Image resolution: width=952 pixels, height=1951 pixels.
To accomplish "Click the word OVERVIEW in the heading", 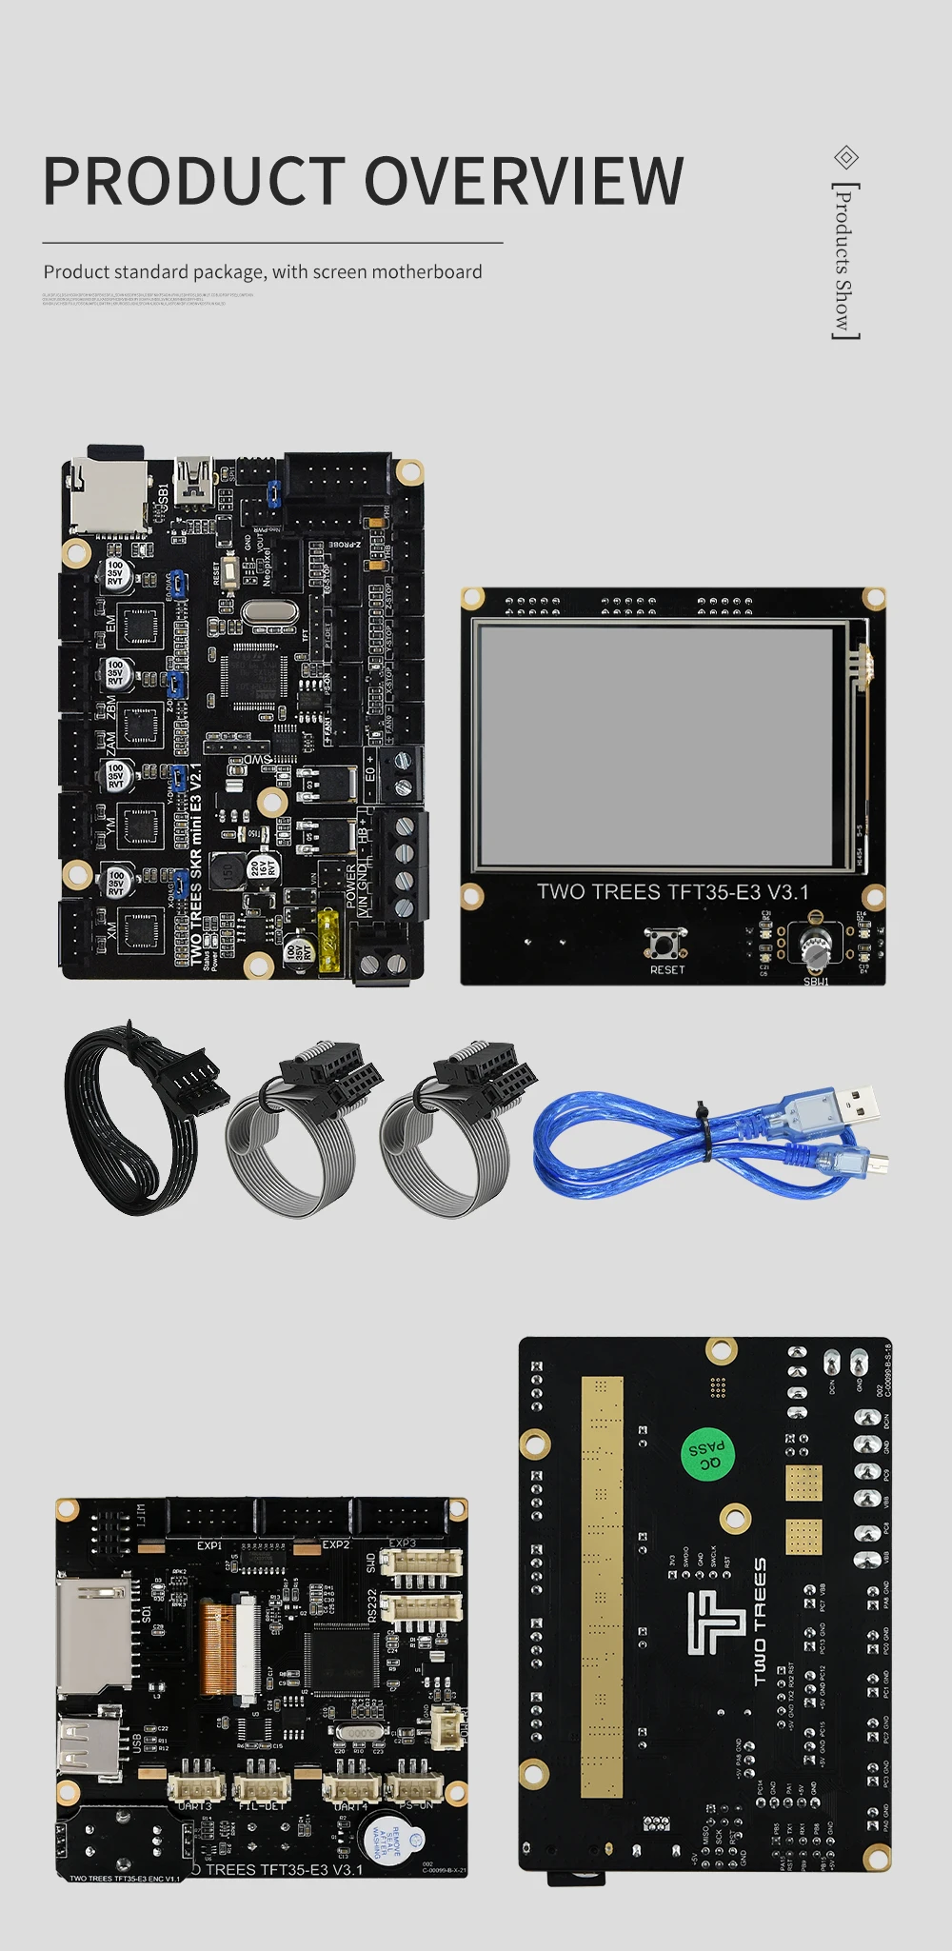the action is [x=524, y=180].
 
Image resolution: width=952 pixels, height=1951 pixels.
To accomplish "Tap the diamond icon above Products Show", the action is [x=845, y=157].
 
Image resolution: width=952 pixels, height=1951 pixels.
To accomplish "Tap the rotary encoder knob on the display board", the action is [x=815, y=946].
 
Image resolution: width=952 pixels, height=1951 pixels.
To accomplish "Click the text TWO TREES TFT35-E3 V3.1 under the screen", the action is [x=672, y=892].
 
